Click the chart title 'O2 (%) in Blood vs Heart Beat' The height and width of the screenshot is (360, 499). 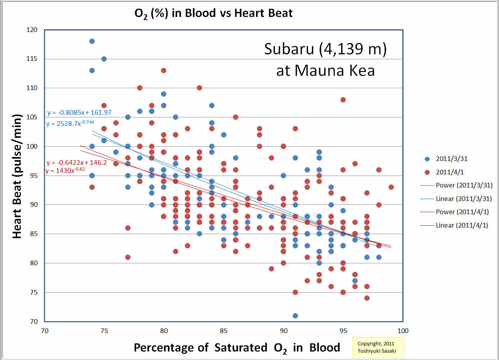tap(213, 13)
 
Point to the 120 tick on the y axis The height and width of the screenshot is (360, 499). tap(32, 30)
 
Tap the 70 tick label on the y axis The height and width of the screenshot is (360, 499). tap(34, 321)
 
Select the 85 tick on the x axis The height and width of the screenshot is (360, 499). tap(224, 331)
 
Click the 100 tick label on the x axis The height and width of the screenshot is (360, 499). tap(403, 331)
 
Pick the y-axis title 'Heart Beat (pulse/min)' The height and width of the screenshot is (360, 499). tap(17, 176)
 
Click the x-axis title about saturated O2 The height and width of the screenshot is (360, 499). tap(236, 348)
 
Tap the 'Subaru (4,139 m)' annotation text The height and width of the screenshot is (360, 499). tap(325, 49)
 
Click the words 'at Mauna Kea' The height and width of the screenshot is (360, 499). tap(325, 71)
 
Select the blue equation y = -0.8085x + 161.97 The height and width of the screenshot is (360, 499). tap(79, 113)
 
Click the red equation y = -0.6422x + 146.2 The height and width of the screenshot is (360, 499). tap(77, 162)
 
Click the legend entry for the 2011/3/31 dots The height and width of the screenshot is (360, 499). tap(451, 159)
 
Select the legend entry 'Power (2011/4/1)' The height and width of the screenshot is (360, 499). tap(462, 212)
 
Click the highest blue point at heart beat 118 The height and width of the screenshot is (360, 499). tap(92, 41)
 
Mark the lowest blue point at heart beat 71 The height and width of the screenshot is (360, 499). tap(295, 316)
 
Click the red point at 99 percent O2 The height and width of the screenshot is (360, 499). tap(391, 187)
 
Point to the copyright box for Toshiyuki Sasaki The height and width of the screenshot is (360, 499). tap(378, 347)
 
